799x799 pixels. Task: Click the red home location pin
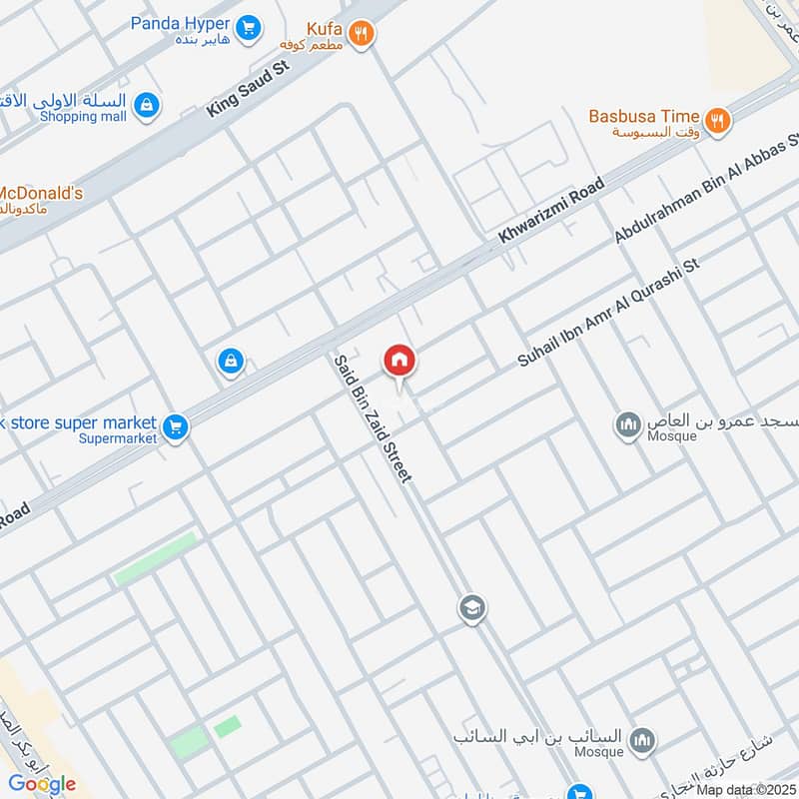pos(399,361)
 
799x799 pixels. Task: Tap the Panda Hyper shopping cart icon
pos(250,27)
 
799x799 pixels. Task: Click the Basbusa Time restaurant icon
pos(716,122)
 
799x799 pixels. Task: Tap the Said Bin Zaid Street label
pos(373,419)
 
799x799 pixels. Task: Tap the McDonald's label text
pos(40,193)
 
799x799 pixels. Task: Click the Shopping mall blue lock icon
pos(147,105)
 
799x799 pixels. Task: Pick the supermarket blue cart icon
pos(176,427)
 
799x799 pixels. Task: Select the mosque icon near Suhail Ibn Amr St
pos(628,426)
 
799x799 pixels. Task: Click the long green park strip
pos(155,558)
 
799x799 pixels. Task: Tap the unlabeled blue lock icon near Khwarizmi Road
pos(231,362)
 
